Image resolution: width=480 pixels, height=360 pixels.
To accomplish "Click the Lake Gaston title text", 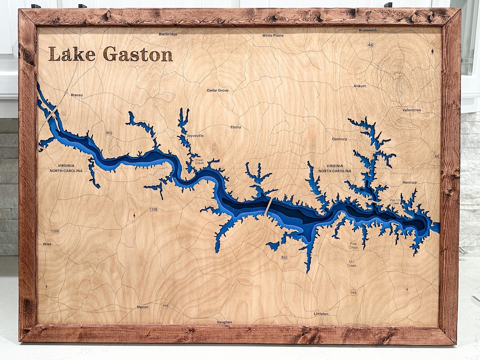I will [x=110, y=54].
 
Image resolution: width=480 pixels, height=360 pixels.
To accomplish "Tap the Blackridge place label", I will [x=168, y=34].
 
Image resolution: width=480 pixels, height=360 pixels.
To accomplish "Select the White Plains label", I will [x=273, y=35].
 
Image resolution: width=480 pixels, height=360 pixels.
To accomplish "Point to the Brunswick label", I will [x=368, y=30].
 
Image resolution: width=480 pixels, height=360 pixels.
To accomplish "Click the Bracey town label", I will [x=77, y=95].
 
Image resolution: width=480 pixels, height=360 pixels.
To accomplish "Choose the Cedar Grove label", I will [x=217, y=91].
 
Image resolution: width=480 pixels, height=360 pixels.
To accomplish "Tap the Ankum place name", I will [x=360, y=86].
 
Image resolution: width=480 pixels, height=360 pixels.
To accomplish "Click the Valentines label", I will [x=411, y=110].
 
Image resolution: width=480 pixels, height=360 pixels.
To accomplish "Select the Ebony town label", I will [x=236, y=127].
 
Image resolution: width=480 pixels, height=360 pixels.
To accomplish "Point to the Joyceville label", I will [x=195, y=136].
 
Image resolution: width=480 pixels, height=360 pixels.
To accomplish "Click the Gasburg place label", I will [x=339, y=139].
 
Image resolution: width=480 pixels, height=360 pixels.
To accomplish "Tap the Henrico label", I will [x=409, y=182].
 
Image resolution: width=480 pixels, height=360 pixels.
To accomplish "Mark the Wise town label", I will [x=47, y=244].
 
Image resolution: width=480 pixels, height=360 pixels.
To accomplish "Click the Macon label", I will [x=142, y=307].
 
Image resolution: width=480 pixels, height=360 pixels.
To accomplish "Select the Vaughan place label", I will [x=224, y=322].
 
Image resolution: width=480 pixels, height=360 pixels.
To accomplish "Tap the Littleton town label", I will [x=321, y=314].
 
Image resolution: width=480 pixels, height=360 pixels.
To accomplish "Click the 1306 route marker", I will [x=153, y=209].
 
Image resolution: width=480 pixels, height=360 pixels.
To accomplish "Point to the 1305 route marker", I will [x=55, y=231].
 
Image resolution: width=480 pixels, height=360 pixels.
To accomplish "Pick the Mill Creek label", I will [x=352, y=264].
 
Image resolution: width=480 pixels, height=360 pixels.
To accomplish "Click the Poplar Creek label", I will [x=199, y=162].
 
